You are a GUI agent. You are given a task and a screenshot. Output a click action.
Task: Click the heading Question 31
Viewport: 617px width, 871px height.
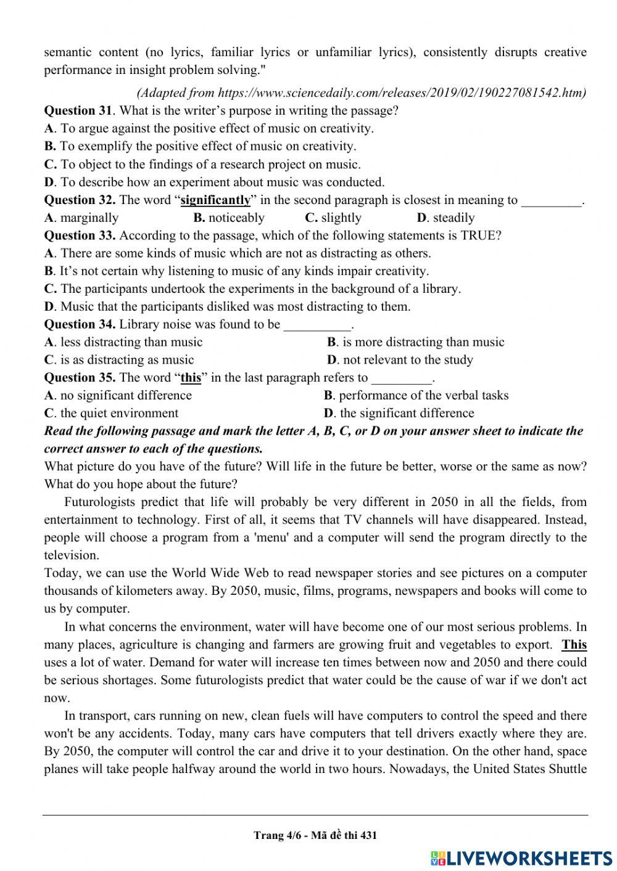point(78,111)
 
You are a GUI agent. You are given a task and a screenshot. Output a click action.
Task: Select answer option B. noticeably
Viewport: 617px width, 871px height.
point(229,218)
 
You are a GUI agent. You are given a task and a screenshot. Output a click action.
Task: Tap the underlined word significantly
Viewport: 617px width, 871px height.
point(215,200)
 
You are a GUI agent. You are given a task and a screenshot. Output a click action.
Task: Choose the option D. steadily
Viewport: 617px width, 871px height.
point(446,218)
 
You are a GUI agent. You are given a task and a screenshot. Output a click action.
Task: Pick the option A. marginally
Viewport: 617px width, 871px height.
point(81,218)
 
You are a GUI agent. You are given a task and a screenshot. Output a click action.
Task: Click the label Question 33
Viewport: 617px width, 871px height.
point(80,235)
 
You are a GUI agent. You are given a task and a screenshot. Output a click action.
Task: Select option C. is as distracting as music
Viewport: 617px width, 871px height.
point(119,360)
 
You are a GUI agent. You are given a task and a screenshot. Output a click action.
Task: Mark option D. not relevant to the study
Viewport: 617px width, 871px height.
point(400,360)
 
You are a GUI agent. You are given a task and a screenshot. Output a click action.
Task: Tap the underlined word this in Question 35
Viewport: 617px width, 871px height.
point(191,378)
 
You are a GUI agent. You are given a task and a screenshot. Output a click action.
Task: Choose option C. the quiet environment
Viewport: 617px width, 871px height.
point(111,414)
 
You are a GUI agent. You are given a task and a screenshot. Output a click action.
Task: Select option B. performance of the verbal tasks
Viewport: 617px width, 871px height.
point(416,396)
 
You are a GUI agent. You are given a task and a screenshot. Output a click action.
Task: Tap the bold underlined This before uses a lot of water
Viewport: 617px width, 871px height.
point(574,645)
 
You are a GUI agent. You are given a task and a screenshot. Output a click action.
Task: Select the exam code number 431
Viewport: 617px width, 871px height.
point(368,836)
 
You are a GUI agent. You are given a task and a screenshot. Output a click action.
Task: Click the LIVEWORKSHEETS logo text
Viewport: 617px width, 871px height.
point(528,858)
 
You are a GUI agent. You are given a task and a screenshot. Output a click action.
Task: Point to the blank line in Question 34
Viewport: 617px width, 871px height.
point(317,325)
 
